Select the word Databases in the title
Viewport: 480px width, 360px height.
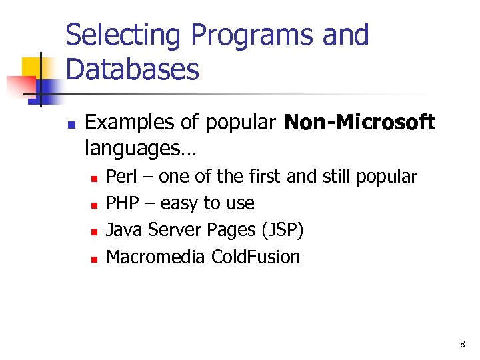point(133,69)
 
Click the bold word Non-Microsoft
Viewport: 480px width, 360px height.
point(360,123)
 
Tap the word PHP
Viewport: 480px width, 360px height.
point(121,203)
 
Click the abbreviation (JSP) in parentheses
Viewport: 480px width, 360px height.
point(283,230)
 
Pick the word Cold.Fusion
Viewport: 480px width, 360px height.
point(255,257)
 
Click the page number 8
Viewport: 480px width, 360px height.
point(463,344)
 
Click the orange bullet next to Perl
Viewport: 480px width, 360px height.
point(95,178)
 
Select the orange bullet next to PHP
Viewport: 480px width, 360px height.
point(95,205)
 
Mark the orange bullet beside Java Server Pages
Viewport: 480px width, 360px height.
point(95,231)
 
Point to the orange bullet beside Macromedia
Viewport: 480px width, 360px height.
point(95,258)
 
